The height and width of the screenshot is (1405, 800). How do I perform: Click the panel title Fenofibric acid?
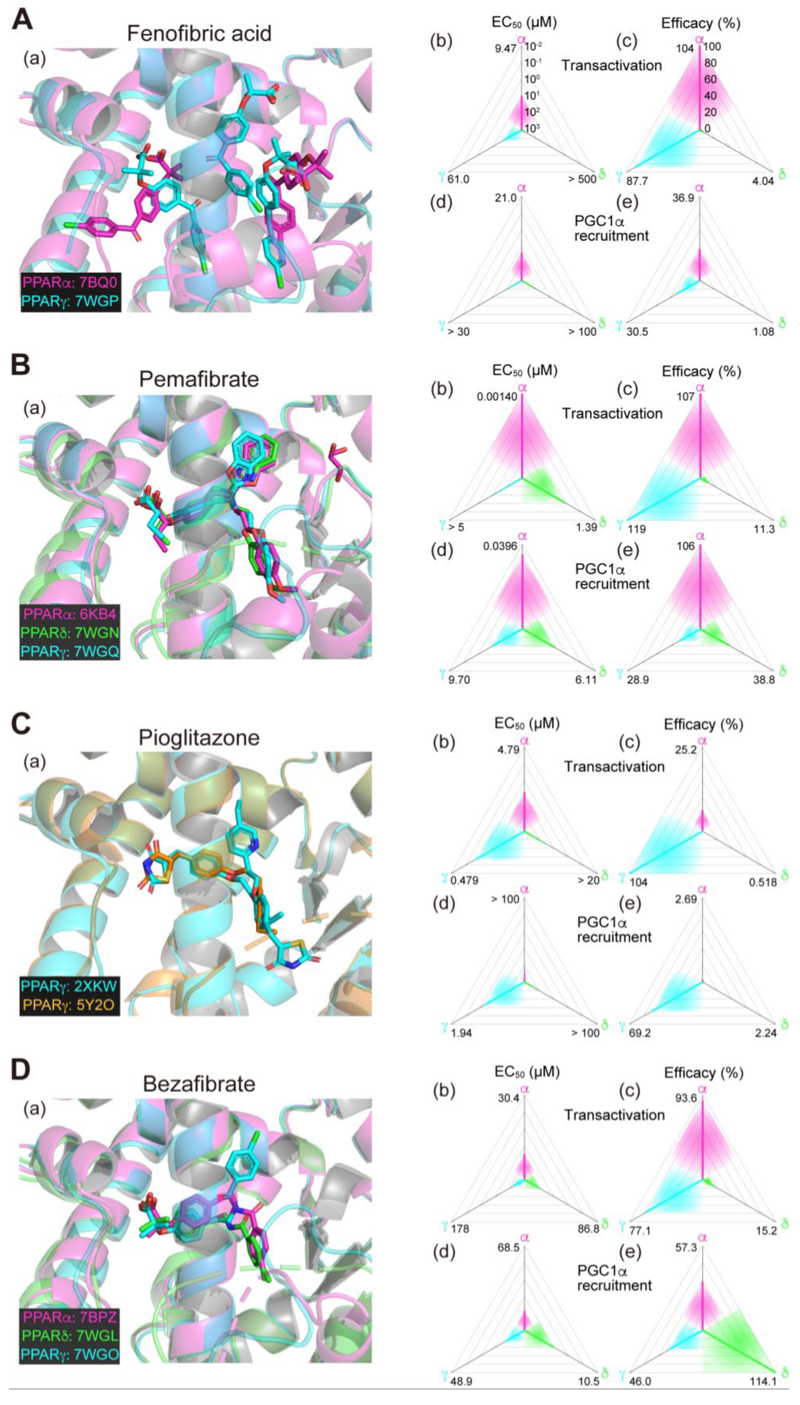pyautogui.click(x=199, y=34)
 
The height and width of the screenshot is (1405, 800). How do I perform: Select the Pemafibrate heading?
pyautogui.click(x=199, y=379)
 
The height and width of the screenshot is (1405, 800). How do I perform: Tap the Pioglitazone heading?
pyautogui.click(x=199, y=737)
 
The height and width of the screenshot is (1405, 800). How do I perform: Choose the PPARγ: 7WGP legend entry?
pyautogui.click(x=69, y=300)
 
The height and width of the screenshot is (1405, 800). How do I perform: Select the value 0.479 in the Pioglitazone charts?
pyautogui.click(x=464, y=880)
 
